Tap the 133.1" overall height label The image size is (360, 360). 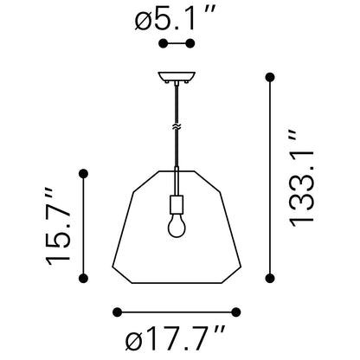point(302,178)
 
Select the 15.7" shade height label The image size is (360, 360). point(58,226)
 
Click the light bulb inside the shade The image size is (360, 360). point(177,225)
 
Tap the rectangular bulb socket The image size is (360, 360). point(177,204)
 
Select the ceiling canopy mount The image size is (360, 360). point(177,76)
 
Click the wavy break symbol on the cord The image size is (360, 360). point(177,126)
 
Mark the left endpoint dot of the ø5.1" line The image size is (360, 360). point(164,43)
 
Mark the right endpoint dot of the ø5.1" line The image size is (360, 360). point(190,43)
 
